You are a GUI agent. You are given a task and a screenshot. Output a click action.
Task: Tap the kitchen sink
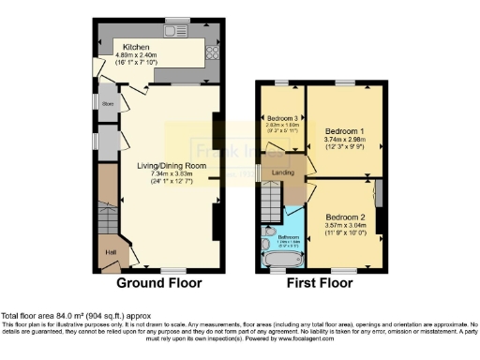(x=174, y=32)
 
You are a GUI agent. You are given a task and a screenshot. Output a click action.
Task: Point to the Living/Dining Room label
(x=171, y=166)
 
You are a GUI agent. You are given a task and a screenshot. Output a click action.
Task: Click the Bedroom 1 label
(x=344, y=132)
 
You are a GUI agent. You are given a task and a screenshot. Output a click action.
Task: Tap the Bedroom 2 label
(x=344, y=216)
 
